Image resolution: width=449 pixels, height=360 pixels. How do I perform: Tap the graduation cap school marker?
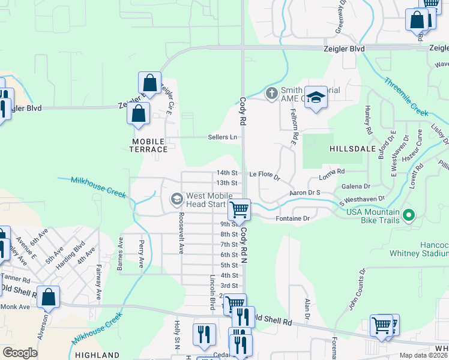click(x=315, y=97)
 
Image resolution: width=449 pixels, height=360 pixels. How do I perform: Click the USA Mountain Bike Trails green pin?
click(x=409, y=214)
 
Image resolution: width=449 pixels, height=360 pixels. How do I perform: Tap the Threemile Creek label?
click(x=406, y=97)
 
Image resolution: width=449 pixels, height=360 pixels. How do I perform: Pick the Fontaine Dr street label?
click(x=292, y=218)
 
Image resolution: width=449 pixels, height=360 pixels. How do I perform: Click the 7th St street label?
click(x=229, y=244)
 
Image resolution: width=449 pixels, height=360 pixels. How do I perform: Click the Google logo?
click(x=20, y=352)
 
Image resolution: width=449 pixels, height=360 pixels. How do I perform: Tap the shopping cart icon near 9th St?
click(x=240, y=210)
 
